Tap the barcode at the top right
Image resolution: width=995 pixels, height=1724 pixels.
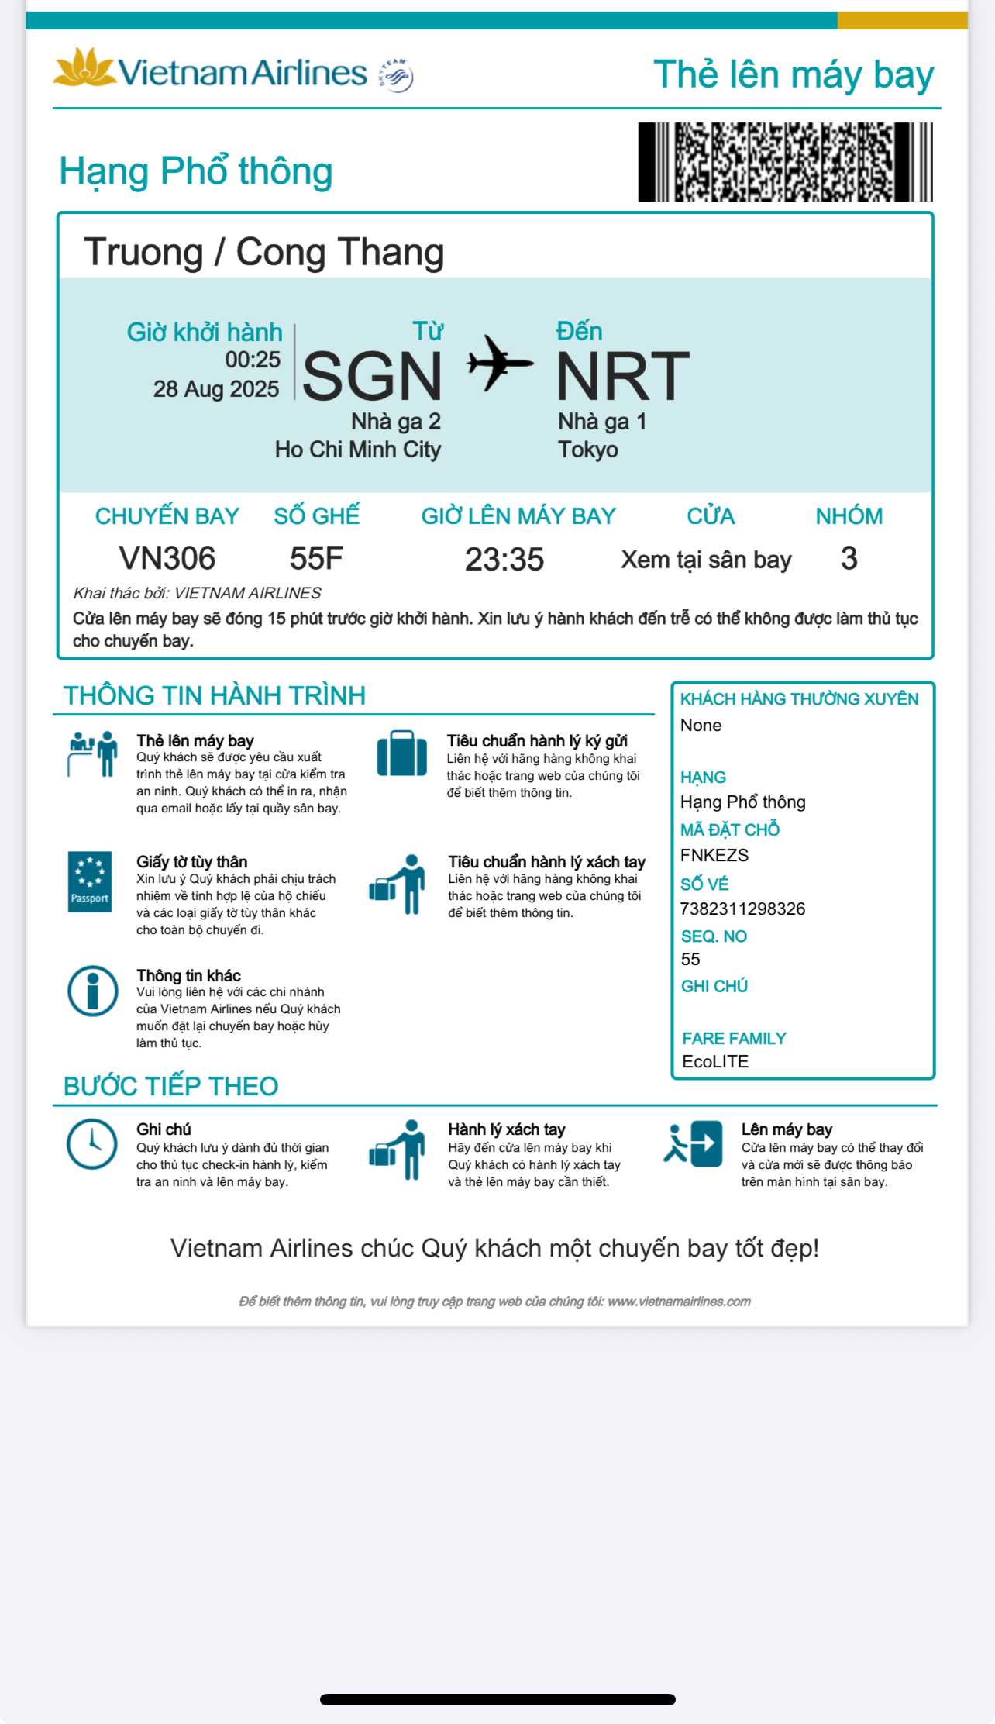click(784, 162)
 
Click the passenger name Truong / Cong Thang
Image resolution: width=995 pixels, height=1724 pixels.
click(263, 253)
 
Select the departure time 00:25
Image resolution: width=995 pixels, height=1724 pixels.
click(253, 360)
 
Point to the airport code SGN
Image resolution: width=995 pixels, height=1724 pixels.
click(372, 376)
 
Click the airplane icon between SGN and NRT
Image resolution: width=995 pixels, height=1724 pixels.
click(500, 362)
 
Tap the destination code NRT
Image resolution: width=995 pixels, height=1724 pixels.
click(623, 376)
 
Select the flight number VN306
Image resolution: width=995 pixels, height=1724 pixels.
click(167, 558)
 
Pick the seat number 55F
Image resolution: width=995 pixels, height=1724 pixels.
click(316, 558)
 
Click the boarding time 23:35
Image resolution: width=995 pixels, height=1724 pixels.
click(504, 560)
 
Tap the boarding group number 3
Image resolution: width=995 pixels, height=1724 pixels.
click(849, 558)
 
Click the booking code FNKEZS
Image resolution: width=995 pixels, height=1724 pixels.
click(714, 855)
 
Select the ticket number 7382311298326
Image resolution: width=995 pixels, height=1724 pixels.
click(742, 909)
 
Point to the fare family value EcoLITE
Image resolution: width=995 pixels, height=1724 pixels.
click(714, 1061)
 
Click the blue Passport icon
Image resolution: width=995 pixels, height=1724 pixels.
click(90, 881)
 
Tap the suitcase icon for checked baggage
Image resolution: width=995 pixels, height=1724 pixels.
click(401, 753)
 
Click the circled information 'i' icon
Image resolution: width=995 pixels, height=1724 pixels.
click(92, 990)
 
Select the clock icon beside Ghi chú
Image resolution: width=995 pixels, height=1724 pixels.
click(91, 1143)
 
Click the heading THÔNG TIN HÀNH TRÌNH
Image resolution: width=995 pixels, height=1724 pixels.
click(214, 695)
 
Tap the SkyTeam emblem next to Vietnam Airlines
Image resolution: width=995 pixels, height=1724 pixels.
click(396, 75)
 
